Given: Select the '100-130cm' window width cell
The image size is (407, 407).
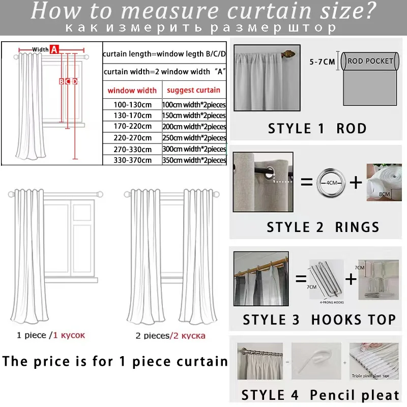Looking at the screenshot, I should click(x=132, y=104).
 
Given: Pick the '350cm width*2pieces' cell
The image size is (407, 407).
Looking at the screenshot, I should click(x=194, y=160).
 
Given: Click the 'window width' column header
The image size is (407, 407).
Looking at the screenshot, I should click(x=132, y=91).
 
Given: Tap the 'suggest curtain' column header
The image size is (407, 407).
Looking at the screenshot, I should click(x=194, y=90).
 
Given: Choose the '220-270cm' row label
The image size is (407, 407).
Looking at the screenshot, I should click(x=132, y=137).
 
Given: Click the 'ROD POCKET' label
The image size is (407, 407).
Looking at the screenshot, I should click(x=370, y=61).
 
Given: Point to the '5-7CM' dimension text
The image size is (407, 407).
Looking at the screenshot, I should click(x=322, y=62).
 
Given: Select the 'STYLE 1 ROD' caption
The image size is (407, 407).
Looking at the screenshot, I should click(x=317, y=128).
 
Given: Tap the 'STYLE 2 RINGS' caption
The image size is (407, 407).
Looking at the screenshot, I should click(x=323, y=227).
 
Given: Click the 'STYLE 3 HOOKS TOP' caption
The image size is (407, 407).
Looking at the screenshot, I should click(x=319, y=320).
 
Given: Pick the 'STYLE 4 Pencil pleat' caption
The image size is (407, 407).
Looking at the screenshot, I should click(x=321, y=395).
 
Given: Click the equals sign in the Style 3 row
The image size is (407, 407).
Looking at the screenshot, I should click(x=300, y=279).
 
